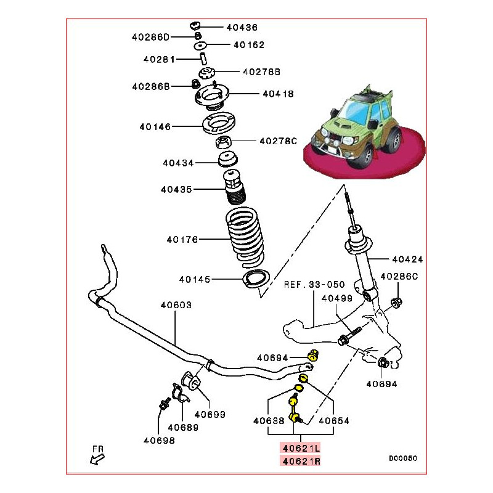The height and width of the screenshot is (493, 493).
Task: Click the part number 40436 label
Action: coord(242,28)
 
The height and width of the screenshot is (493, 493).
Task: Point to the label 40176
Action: coord(182,240)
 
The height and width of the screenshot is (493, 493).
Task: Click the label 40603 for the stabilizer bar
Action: coord(176,305)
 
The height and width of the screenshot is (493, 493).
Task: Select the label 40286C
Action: coord(399,277)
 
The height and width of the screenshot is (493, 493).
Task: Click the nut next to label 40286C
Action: coord(396,302)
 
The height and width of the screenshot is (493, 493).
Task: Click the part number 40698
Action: coord(159,440)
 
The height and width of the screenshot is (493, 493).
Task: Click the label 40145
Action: coord(195,279)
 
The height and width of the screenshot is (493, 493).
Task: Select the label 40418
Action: coord(277,94)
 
